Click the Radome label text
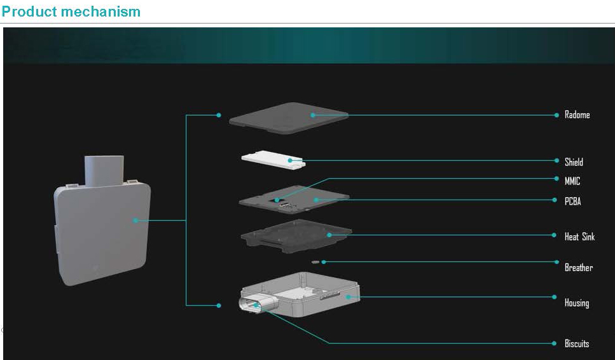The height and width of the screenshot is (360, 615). pos(577,114)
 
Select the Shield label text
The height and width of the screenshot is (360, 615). pos(574,162)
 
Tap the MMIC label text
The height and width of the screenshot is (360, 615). pos(572,181)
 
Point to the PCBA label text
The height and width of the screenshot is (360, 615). pos(572,201)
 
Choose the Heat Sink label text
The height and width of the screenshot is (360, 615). pos(579,237)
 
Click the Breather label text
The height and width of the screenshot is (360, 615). pos(579,267)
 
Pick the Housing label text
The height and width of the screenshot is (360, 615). pos(577,303)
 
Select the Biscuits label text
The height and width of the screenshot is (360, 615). pos(577,343)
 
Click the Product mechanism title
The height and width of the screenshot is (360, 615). pos(71,11)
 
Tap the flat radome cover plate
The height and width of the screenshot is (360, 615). pos(289,118)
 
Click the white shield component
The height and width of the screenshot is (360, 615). pos(273,159)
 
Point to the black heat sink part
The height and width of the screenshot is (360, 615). pos(296,236)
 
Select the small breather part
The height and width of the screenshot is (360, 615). pos(315,261)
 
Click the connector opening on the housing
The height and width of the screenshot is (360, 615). pos(251,305)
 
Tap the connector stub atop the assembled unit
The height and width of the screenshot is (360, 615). pos(104,171)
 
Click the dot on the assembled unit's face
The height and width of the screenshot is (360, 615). pos(135,221)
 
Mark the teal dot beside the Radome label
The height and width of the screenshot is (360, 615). pos(556,115)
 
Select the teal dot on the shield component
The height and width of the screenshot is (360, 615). pos(290,160)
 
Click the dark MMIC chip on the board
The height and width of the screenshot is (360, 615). pos(277,200)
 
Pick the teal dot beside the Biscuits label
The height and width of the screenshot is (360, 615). pos(554,343)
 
